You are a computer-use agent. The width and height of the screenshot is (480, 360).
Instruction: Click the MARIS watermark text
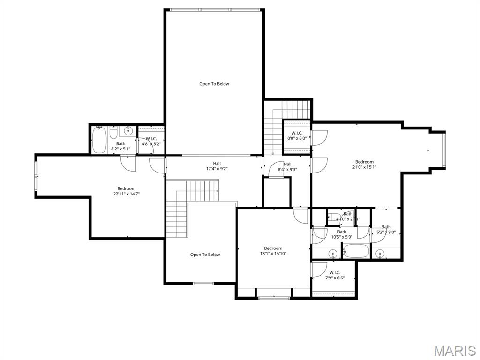click(454, 351)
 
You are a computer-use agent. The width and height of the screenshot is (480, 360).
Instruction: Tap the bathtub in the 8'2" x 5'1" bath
click(99, 141)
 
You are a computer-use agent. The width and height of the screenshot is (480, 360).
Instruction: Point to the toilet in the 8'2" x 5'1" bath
click(113, 133)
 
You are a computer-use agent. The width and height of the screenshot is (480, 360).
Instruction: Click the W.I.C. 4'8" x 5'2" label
click(151, 141)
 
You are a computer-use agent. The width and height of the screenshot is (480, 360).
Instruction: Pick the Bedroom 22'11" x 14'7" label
click(126, 191)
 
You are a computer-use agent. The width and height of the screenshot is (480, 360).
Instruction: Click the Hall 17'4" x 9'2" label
click(217, 166)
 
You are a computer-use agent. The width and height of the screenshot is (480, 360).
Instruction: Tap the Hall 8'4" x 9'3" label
click(287, 167)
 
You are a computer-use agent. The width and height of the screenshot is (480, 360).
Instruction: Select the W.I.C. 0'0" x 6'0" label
click(297, 136)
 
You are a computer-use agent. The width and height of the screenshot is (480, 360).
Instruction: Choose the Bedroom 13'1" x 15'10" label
click(273, 251)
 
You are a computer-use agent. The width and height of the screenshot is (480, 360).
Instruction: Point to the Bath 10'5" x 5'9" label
click(342, 234)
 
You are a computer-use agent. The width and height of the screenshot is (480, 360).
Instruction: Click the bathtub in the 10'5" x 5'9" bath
click(356, 252)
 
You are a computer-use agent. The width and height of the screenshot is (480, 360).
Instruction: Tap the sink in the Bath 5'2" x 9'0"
click(380, 254)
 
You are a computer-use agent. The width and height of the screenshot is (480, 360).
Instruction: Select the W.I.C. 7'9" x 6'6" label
click(334, 275)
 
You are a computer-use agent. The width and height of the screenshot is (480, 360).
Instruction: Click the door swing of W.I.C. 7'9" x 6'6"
click(320, 269)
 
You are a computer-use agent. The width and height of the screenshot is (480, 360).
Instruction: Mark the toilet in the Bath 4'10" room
click(333, 217)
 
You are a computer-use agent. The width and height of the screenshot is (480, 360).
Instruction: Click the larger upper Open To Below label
click(214, 84)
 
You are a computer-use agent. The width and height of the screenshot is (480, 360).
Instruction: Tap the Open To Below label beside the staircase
click(205, 255)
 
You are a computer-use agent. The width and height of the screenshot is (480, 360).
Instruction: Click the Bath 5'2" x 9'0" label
click(386, 230)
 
